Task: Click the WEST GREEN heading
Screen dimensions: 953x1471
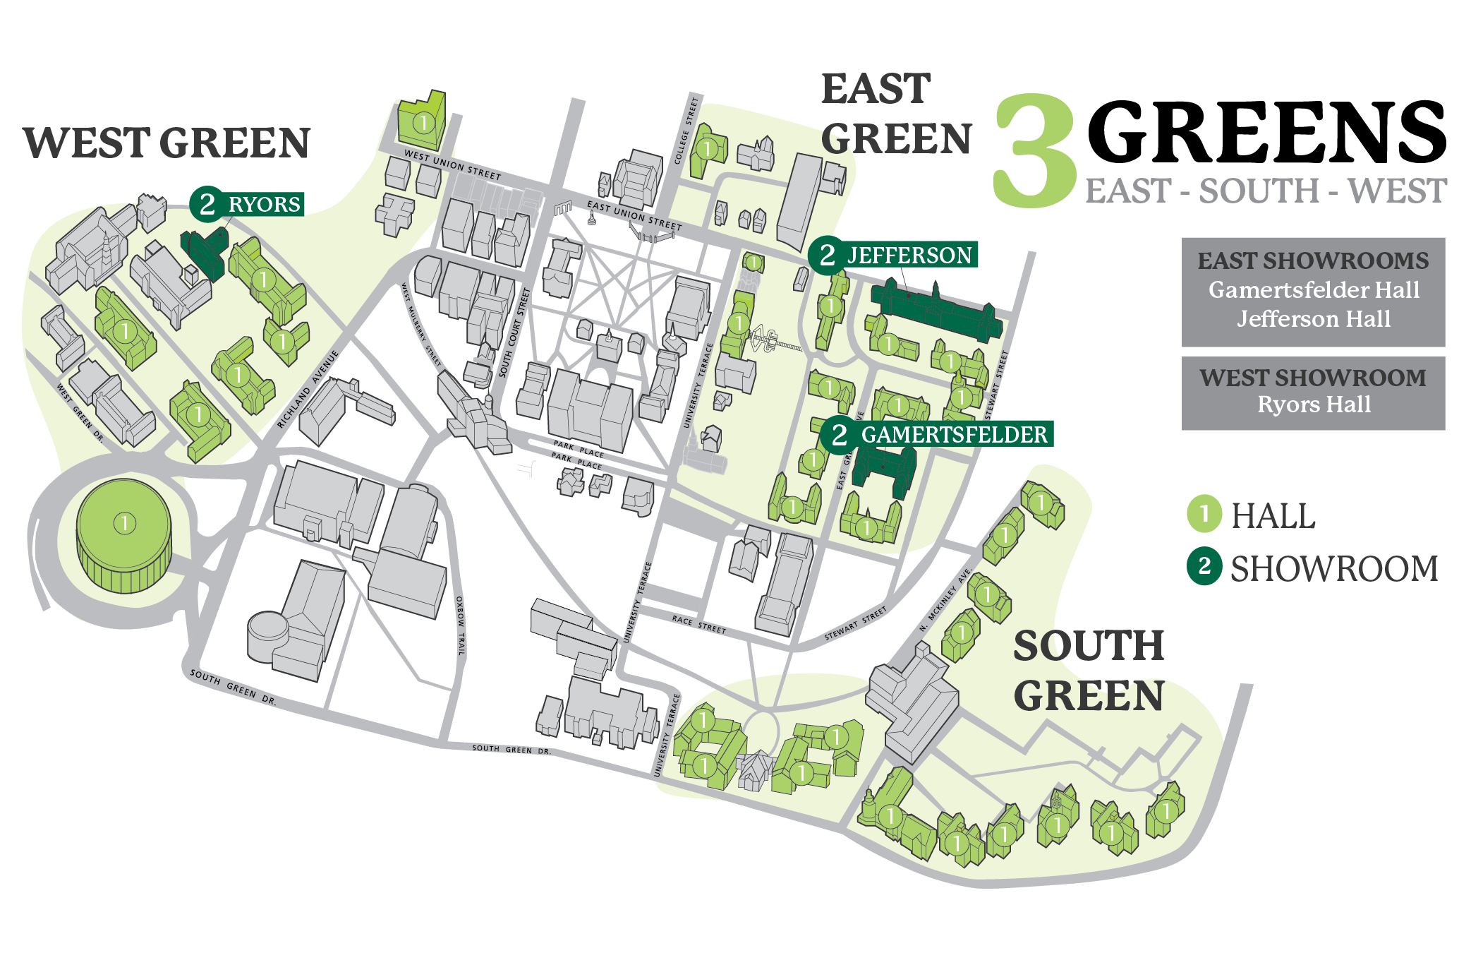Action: (x=167, y=143)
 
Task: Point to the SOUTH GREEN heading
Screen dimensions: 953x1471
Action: (x=1089, y=671)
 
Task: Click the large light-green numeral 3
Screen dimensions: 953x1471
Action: (x=1034, y=152)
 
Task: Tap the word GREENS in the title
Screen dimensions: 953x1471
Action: (x=1266, y=133)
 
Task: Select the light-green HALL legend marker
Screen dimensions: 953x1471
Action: (x=1204, y=514)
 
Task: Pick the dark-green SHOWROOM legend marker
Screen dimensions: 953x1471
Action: (x=1204, y=567)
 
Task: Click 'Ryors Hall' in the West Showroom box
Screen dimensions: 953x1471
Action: (x=1314, y=404)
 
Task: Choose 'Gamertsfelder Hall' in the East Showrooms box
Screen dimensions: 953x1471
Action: (x=1314, y=290)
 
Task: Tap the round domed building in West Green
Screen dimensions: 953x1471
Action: (x=125, y=533)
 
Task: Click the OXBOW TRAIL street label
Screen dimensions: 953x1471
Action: (x=461, y=625)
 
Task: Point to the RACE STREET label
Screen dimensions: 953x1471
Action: (x=698, y=624)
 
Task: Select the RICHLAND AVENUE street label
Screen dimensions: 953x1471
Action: (x=308, y=388)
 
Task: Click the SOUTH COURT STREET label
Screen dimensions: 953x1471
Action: (x=514, y=332)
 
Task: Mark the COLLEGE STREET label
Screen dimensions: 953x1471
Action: (x=686, y=131)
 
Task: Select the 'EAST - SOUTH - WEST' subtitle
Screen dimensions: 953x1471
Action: (x=1266, y=191)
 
